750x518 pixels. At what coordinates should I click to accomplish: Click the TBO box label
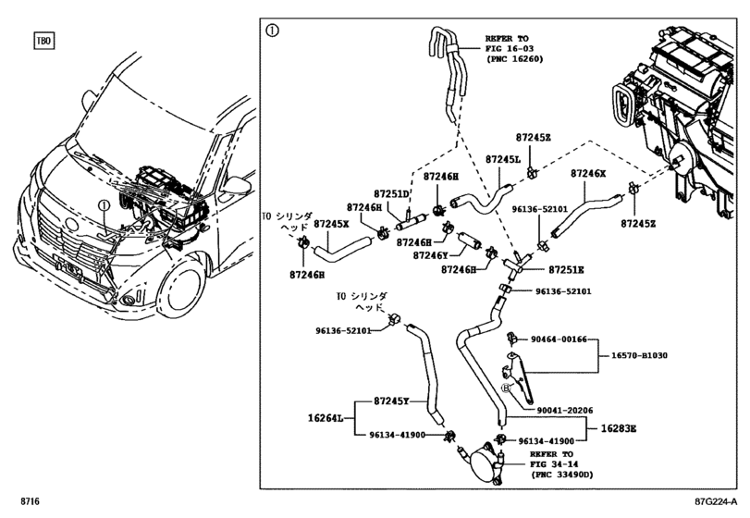(43, 41)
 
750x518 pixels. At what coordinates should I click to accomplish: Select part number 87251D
(392, 193)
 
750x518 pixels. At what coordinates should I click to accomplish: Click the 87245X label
(331, 224)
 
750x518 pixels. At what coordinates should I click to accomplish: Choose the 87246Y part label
(430, 255)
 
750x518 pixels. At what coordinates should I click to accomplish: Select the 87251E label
(566, 269)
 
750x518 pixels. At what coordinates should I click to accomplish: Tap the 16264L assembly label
(326, 419)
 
